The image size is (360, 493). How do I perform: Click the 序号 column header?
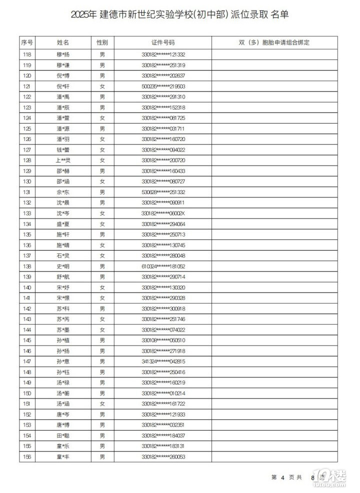(x=27, y=42)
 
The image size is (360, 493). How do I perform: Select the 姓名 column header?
(x=63, y=42)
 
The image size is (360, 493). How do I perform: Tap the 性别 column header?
(x=102, y=42)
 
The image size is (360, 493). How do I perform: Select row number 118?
(x=27, y=54)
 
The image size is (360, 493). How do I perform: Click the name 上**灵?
(x=63, y=160)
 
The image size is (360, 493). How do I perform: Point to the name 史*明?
(x=63, y=266)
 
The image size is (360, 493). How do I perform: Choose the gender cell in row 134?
(x=102, y=223)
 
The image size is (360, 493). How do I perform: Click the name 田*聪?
(x=63, y=435)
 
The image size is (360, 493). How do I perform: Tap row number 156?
(x=27, y=456)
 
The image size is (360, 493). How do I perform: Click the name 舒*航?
(x=63, y=276)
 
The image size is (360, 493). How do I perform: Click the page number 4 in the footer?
(x=282, y=477)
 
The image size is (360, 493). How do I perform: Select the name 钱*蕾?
(x=63, y=149)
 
